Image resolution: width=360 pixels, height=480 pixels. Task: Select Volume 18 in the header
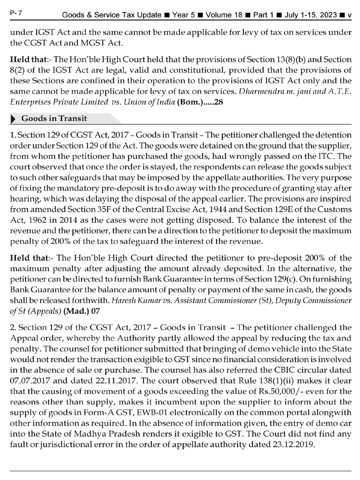click(x=225, y=15)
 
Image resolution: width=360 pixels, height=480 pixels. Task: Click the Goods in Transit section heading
click(x=54, y=118)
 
